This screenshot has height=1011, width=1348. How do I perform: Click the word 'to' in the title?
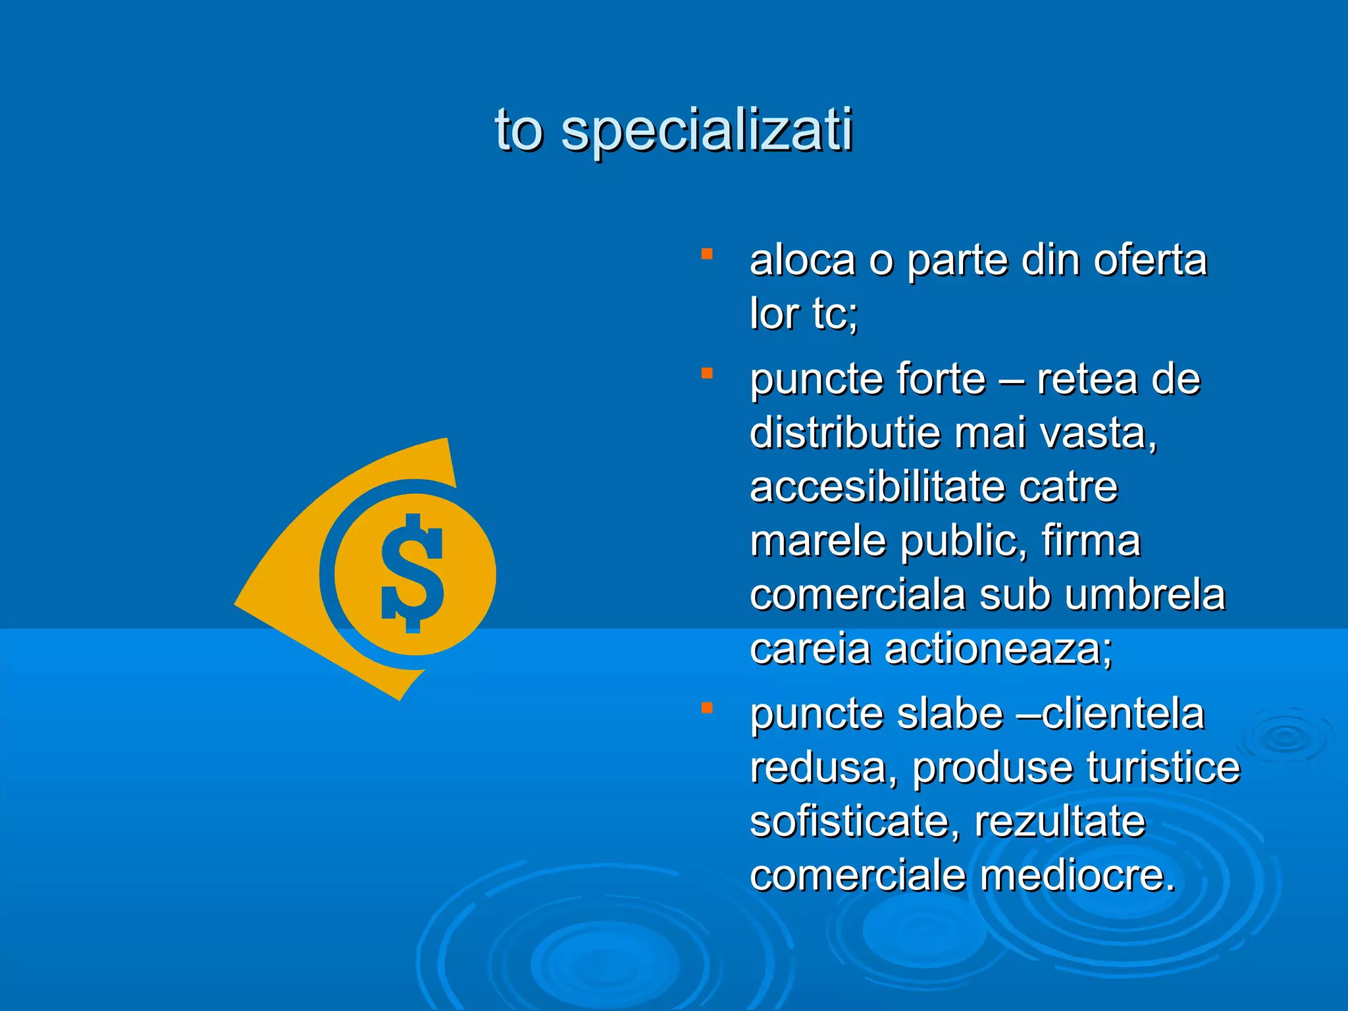click(x=519, y=130)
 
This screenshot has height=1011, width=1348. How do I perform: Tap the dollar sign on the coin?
click(x=413, y=573)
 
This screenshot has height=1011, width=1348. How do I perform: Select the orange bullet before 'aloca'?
click(x=707, y=254)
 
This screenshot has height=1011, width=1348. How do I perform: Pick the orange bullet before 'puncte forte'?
click(x=707, y=374)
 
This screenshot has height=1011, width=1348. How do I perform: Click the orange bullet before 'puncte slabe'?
click(x=707, y=708)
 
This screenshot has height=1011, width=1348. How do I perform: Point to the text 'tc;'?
click(x=835, y=314)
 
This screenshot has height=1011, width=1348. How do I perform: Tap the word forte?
click(x=941, y=380)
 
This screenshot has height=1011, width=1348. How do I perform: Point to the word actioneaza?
click(x=997, y=649)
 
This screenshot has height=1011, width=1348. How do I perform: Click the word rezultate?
click(x=1060, y=822)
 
